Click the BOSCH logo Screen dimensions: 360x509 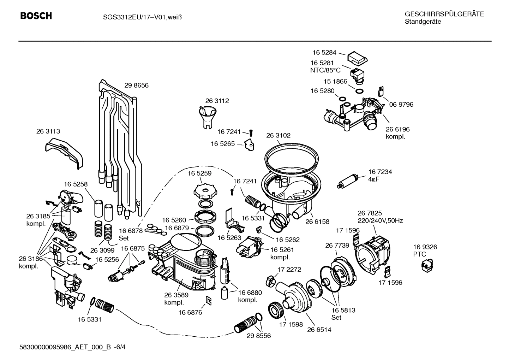click(36, 16)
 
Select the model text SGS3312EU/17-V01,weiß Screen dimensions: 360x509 click(140, 17)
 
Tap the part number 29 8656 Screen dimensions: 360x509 click(136, 85)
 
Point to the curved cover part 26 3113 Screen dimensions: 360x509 click(64, 153)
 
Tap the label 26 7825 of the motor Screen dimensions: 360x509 click(370, 213)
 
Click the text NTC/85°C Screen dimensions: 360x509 click(325, 70)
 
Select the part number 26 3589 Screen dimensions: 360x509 click(176, 295)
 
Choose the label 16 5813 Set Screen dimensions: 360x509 click(343, 314)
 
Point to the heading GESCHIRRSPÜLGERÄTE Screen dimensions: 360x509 click(444, 14)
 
